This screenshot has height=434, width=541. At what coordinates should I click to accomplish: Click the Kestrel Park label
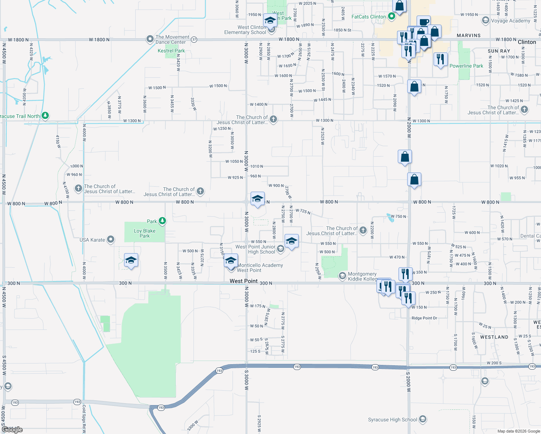[171, 51]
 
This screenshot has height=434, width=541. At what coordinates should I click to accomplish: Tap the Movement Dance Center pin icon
[150, 39]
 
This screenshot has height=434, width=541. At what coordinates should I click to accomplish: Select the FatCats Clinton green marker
[391, 16]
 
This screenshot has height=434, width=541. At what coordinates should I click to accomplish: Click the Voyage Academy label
[510, 21]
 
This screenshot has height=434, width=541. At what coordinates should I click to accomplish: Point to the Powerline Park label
[466, 66]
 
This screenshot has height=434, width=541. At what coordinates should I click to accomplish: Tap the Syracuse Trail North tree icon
[45, 116]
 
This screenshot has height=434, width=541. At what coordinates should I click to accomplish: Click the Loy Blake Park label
[145, 233]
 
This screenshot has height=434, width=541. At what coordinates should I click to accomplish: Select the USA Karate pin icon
[111, 239]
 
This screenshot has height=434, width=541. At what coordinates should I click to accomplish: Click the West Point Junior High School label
[255, 249]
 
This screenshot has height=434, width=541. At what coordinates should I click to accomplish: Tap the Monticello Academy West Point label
[260, 268]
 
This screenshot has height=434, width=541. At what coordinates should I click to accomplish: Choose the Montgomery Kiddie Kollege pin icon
[342, 276]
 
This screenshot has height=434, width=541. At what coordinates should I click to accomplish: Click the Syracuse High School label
[392, 420]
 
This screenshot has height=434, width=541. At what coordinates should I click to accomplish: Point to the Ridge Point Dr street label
[424, 318]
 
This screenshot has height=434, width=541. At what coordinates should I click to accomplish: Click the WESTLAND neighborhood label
[494, 337]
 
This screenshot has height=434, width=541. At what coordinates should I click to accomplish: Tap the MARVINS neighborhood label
[469, 35]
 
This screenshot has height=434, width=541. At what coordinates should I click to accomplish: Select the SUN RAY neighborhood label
[499, 51]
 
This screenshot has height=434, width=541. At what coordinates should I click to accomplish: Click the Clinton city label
[527, 42]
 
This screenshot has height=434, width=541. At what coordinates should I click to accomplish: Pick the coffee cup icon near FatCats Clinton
[423, 22]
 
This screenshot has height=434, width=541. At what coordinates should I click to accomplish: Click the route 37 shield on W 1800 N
[194, 39]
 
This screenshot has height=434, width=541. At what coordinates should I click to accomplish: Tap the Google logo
[12, 429]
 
